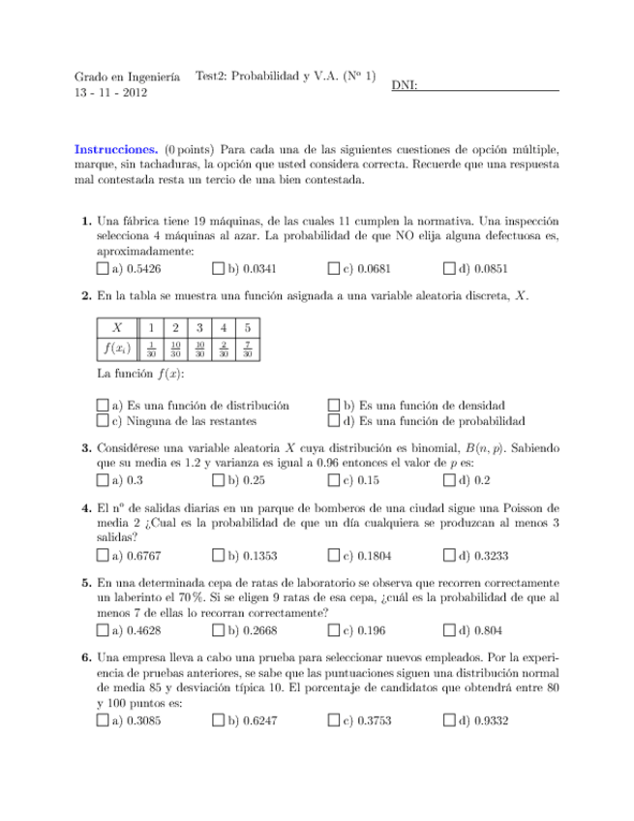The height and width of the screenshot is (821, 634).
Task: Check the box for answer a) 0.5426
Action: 104,268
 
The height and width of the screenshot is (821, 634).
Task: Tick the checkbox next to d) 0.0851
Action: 448,268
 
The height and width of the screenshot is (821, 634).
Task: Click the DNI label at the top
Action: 405,87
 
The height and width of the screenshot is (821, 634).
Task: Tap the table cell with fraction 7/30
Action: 248,350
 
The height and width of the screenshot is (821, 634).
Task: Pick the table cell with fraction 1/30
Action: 153,350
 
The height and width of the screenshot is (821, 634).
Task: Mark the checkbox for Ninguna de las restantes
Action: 104,422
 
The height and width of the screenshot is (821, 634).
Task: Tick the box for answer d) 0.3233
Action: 448,556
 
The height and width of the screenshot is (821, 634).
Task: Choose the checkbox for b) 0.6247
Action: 219,721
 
